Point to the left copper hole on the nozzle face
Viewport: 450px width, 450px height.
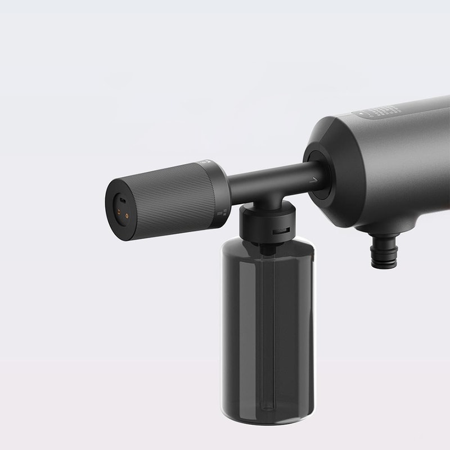119,213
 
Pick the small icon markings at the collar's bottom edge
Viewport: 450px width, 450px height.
222,213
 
